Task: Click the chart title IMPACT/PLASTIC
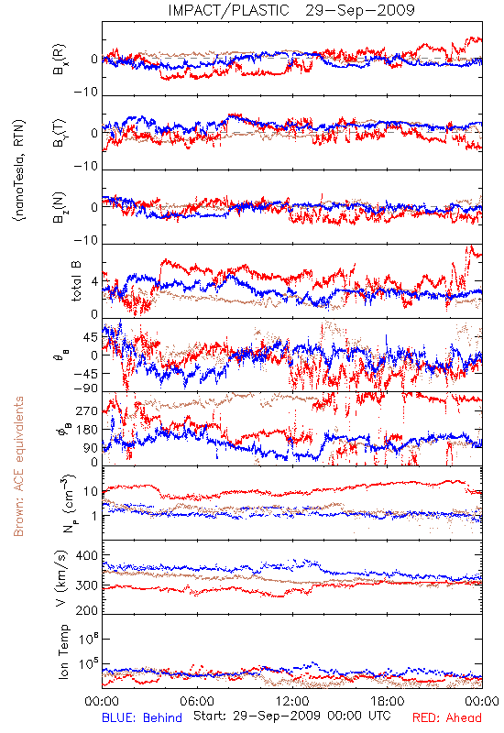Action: pos(228,10)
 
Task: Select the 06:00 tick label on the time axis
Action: pos(197,701)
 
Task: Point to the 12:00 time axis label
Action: pos(292,701)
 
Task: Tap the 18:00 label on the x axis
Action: pos(388,701)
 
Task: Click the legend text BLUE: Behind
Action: pos(142,718)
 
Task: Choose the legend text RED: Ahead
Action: pos(446,718)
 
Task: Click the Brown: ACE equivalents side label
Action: pos(18,466)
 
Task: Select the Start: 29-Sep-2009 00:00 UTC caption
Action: pos(292,716)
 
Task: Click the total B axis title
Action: pos(76,281)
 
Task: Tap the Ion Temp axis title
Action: pos(63,651)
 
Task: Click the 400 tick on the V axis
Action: pos(87,556)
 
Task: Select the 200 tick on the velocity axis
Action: pos(87,610)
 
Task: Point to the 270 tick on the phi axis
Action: pos(87,411)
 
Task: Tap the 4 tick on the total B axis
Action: pos(95,282)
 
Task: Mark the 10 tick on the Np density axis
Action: pos(91,492)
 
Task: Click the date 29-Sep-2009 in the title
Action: pos(360,10)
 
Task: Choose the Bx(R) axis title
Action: pos(60,60)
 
